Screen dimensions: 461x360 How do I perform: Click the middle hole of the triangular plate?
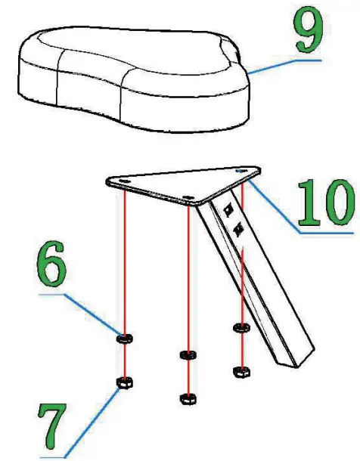(187, 199)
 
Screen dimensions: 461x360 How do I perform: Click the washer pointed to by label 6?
(124, 338)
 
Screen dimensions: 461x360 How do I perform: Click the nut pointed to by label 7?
(123, 381)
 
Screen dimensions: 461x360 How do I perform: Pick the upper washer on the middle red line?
(186, 354)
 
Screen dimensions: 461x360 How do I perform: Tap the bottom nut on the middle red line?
(186, 398)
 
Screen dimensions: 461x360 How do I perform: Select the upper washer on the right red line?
(241, 327)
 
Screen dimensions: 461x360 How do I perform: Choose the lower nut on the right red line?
(241, 370)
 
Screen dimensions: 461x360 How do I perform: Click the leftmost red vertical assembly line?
(123, 257)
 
